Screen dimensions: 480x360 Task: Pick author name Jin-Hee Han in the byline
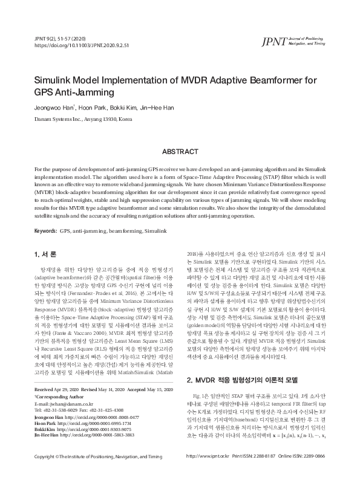pos(155,108)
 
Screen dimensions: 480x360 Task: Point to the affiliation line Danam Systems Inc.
pos(83,119)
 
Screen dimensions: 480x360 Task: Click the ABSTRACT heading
pos(180,151)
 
